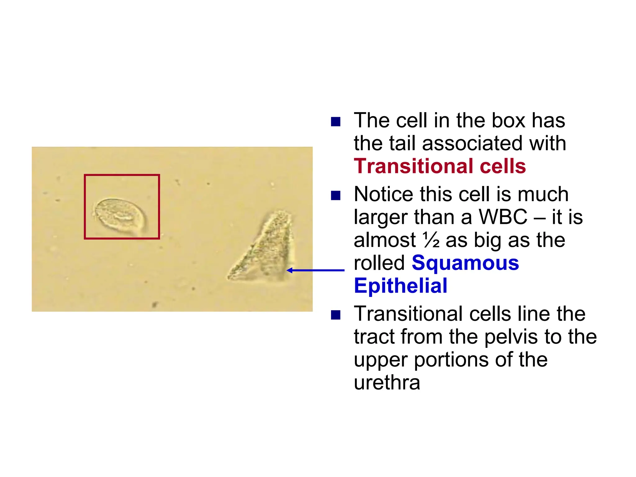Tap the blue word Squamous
point(465,263)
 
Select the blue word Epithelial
point(400,286)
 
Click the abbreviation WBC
point(503,217)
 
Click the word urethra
point(387,383)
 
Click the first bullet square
point(336,121)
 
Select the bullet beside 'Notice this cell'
point(336,195)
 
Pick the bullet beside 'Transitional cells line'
point(336,315)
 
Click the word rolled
point(379,263)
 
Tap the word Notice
point(384,194)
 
